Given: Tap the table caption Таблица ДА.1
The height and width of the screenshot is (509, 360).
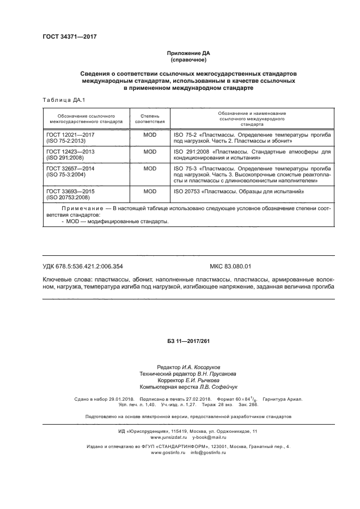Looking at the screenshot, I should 60,100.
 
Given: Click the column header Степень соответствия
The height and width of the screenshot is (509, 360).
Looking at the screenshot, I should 149,118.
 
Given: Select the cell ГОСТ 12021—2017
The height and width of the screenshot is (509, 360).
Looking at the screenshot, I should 71,133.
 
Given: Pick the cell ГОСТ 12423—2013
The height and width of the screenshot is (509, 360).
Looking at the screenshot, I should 71,151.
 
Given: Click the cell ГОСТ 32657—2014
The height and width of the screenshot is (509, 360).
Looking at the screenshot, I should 71,169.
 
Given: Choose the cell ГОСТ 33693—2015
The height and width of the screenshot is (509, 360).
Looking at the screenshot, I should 71,192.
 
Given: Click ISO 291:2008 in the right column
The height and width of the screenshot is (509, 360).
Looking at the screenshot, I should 191,151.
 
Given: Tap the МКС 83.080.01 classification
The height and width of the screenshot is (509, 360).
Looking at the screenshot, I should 230,266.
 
